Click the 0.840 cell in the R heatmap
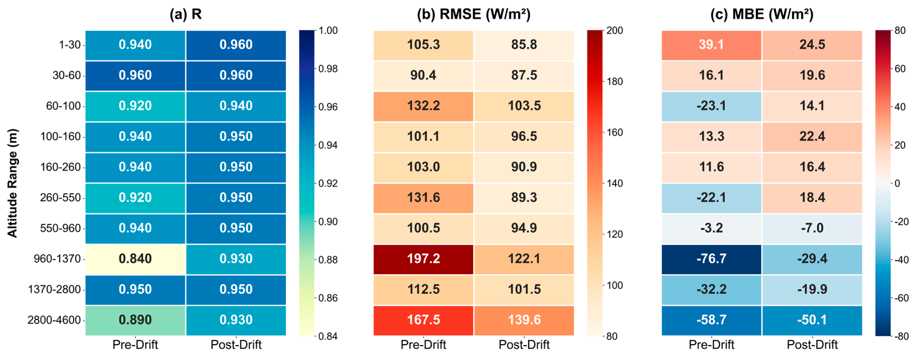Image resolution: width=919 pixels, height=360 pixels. pos(135,259)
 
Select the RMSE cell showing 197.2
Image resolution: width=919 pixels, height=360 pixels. pos(423,259)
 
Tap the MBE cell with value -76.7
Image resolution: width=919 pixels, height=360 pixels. pos(711,259)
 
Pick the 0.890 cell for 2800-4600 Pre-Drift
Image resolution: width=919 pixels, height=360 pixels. pos(135,320)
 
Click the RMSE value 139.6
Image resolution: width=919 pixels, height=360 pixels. pos(524,320)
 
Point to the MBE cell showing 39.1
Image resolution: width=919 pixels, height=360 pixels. pos(711,44)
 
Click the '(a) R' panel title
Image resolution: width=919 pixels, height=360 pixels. pos(185,14)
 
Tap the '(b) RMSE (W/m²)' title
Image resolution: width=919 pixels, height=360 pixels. pos(473,14)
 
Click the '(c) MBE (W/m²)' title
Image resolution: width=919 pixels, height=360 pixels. pos(762,14)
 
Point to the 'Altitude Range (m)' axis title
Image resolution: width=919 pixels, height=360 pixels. pos(13,183)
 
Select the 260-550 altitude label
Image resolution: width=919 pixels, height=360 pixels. pos(60,198)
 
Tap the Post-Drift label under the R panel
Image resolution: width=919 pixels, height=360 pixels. pos(236,345)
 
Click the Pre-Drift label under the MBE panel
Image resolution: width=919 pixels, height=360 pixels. pos(711,345)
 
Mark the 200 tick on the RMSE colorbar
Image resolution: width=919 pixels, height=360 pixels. pos(615,31)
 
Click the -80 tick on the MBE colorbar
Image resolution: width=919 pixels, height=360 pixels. pos(901,336)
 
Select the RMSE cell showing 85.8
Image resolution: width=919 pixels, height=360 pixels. pos(524,44)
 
